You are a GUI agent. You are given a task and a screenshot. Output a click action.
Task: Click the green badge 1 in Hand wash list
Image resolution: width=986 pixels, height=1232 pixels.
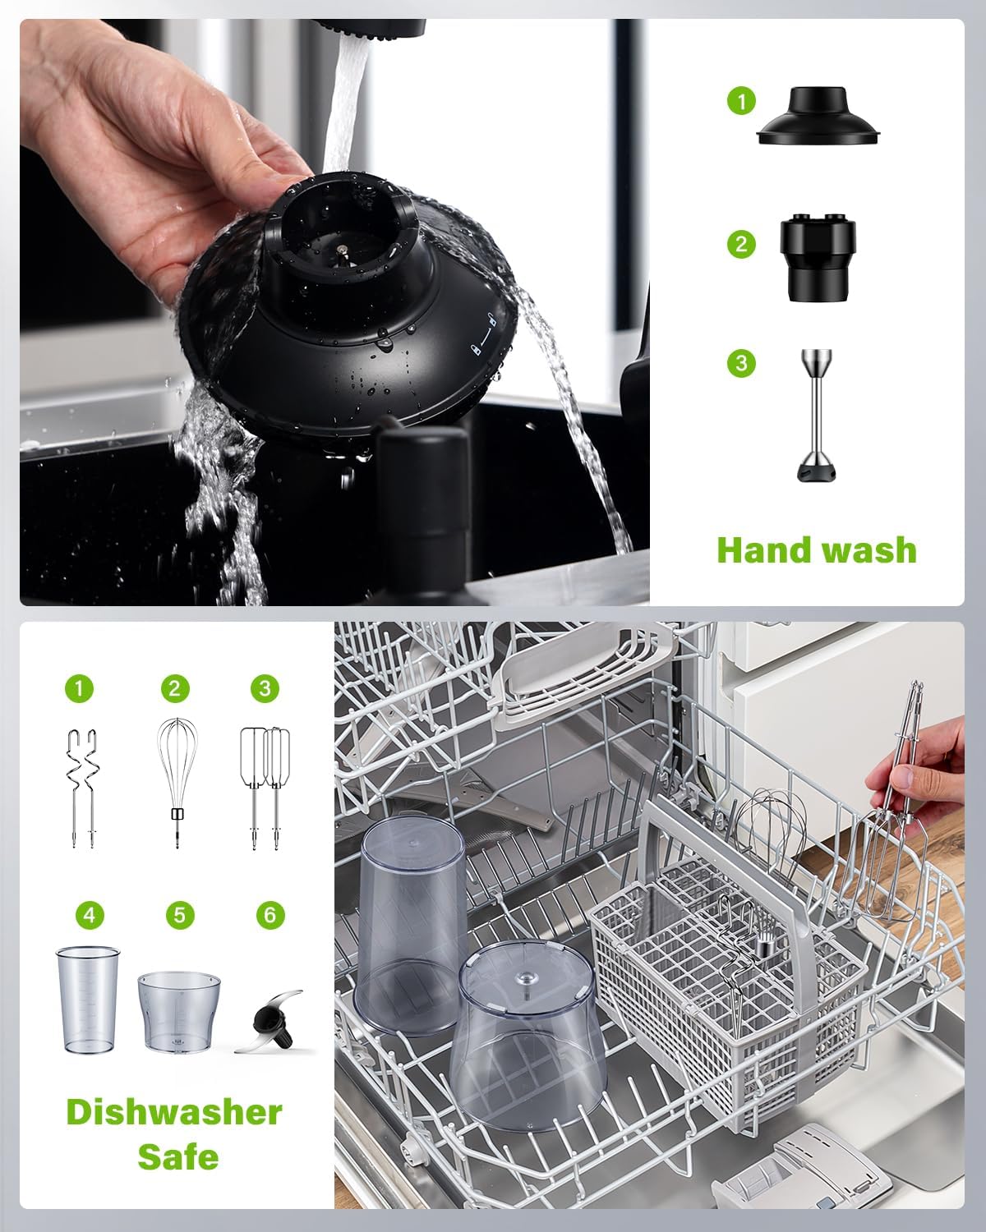click(x=741, y=102)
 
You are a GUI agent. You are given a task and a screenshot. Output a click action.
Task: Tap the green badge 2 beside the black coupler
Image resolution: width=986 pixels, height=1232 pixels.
click(x=741, y=244)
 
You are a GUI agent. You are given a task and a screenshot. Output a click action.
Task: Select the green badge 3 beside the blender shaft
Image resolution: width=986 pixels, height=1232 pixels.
click(x=741, y=363)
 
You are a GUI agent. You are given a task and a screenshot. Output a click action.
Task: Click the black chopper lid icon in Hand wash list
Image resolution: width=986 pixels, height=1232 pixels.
click(x=819, y=118)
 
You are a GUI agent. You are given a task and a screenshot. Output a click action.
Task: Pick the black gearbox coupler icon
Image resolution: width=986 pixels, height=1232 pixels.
click(x=818, y=258)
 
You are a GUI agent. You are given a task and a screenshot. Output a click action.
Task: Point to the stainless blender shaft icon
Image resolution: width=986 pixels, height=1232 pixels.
click(x=818, y=415)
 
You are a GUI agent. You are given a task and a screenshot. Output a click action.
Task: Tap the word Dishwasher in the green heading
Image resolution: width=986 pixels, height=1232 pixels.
click(x=174, y=1112)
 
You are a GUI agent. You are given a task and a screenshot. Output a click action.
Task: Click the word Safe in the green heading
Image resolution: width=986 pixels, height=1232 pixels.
click(x=177, y=1156)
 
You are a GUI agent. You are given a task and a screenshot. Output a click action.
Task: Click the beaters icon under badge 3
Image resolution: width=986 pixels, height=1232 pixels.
click(x=265, y=787)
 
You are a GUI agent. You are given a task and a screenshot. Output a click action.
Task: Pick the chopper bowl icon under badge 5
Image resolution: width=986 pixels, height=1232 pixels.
click(x=179, y=1011)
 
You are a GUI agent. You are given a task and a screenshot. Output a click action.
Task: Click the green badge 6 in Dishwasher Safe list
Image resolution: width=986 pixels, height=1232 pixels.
click(x=270, y=914)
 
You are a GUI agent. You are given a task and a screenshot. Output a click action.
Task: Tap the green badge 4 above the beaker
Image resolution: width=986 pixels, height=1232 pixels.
click(x=89, y=914)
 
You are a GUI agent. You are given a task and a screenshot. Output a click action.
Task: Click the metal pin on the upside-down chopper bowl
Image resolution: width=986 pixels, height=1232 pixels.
click(x=524, y=981)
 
